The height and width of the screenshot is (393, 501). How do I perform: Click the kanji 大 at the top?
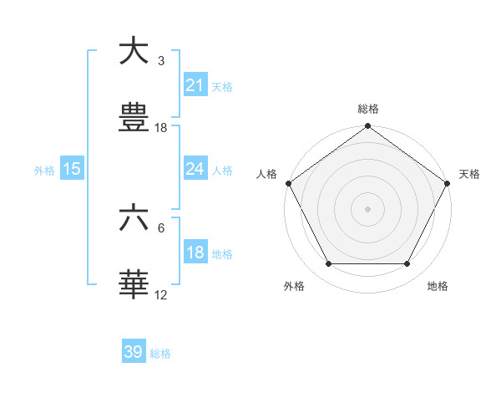(134, 52)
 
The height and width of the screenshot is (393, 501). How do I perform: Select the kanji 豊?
(134, 118)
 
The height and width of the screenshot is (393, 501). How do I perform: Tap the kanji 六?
(134, 219)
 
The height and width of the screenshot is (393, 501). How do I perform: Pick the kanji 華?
(134, 285)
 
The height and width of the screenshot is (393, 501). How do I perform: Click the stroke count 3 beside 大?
(161, 61)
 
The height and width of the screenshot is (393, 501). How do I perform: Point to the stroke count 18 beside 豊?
(161, 128)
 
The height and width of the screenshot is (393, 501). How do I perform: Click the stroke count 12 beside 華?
(161, 294)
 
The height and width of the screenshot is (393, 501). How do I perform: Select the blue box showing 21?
(195, 85)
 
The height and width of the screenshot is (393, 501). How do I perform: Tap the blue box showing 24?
(195, 169)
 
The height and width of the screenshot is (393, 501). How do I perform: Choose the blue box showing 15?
(72, 169)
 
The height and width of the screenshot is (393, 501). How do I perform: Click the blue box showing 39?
(134, 352)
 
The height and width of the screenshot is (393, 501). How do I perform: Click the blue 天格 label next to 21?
(222, 86)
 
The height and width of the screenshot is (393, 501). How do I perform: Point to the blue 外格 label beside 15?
(44, 170)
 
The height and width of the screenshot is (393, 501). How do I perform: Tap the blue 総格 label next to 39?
(161, 353)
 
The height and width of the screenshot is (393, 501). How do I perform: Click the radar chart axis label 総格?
(368, 110)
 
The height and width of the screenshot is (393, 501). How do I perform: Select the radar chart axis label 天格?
(470, 174)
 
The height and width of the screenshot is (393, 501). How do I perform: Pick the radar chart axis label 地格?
(438, 286)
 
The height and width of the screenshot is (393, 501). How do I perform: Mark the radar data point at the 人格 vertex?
(289, 183)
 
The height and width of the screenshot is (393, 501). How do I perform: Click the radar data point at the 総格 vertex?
(368, 127)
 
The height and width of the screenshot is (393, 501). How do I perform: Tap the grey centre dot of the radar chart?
(368, 209)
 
